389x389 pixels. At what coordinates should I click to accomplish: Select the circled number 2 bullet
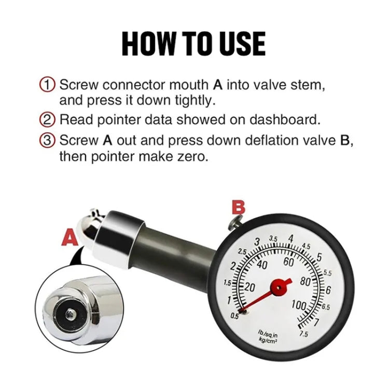[47, 120]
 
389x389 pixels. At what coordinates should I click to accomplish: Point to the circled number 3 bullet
[47, 141]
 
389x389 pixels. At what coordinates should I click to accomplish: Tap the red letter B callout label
[238, 207]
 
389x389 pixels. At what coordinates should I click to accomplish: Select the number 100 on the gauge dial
[299, 305]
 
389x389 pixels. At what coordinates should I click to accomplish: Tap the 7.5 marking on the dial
[303, 335]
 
